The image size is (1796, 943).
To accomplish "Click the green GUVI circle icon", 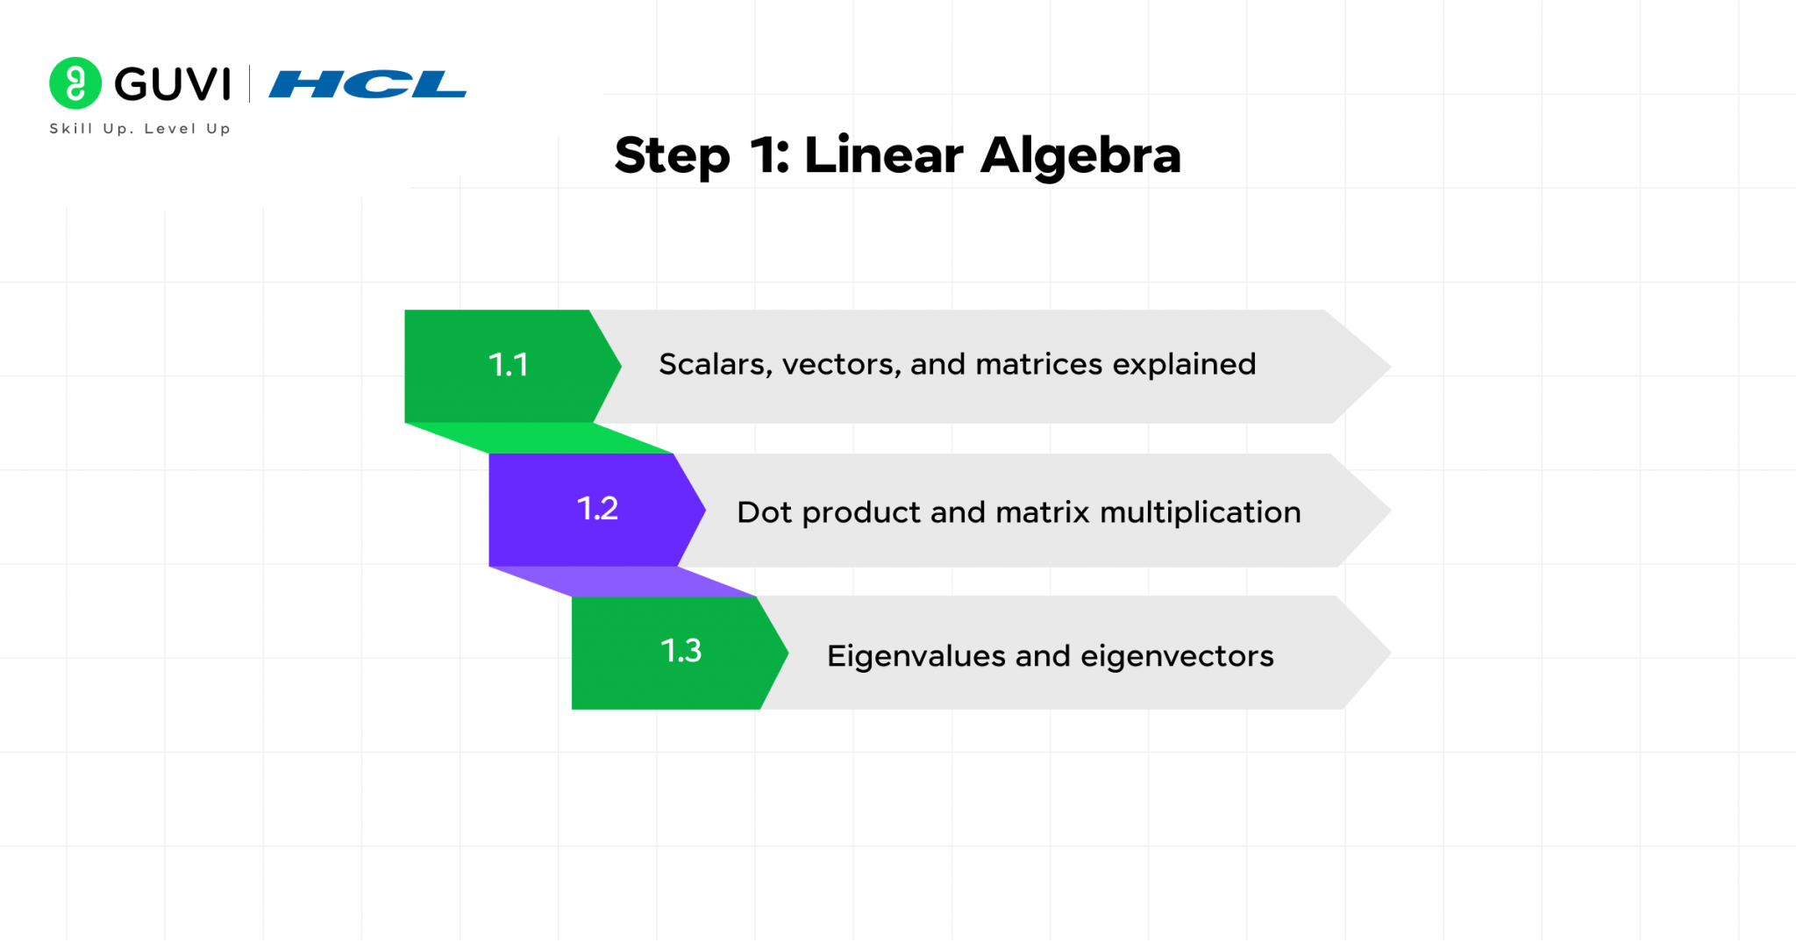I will tap(75, 83).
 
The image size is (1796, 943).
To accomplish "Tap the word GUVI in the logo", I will tap(173, 84).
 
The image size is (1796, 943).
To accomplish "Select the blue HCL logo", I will tap(367, 84).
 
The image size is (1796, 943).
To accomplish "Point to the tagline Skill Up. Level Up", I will tap(140, 129).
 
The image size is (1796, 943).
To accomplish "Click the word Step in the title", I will tap(672, 156).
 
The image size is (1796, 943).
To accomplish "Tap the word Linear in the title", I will tap(883, 155).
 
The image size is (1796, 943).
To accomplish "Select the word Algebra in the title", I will tap(1080, 156).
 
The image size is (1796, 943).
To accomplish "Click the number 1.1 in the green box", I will tap(509, 365).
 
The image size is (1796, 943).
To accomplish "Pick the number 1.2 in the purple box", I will tap(597, 509).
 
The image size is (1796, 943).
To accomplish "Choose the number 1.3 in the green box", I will tap(681, 651).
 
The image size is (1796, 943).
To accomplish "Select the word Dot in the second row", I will tap(765, 512).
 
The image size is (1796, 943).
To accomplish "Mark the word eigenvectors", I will tap(1177, 656).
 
